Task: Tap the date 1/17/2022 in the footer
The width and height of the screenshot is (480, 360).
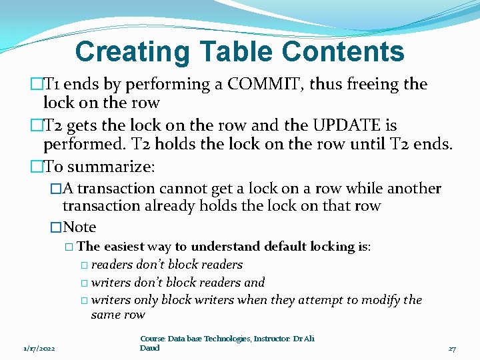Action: (x=39, y=348)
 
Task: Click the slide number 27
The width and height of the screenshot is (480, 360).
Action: (x=452, y=348)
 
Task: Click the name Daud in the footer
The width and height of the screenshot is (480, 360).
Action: (x=150, y=348)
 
